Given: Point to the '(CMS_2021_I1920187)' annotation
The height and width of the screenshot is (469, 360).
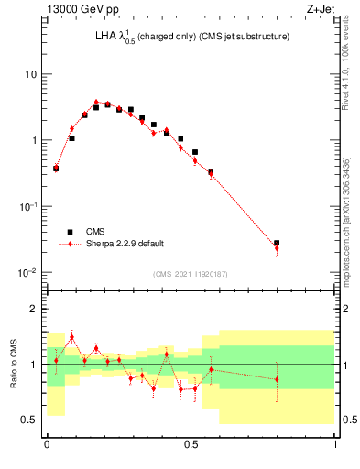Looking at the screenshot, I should pyautogui.click(x=191, y=273).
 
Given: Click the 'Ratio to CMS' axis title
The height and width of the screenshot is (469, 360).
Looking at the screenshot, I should pyautogui.click(x=13, y=364).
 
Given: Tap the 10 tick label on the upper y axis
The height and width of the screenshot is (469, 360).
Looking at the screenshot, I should pyautogui.click(x=31, y=74).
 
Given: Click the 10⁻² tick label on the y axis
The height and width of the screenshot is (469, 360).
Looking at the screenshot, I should pyautogui.click(x=28, y=272).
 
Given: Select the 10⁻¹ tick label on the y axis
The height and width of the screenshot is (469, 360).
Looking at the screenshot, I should pyautogui.click(x=28, y=206).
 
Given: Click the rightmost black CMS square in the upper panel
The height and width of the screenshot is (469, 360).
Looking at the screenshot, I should pyautogui.click(x=277, y=244).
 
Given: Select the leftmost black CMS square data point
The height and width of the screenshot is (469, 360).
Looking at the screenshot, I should pyautogui.click(x=56, y=169).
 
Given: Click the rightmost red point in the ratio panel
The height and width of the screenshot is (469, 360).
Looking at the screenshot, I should pyautogui.click(x=277, y=379).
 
